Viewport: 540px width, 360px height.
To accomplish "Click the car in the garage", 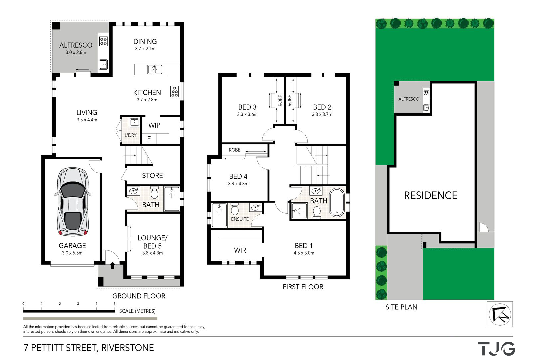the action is [x=73, y=202].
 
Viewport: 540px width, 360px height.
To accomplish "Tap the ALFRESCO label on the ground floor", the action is [x=76, y=45].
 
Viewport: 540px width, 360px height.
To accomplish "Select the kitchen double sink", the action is [x=155, y=69].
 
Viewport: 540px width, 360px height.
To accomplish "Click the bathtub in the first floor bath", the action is [x=337, y=202].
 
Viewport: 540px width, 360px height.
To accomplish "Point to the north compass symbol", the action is [x=500, y=314].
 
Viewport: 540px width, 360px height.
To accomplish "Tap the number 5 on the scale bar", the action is [x=115, y=304].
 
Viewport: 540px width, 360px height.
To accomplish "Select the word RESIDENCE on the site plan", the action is [x=431, y=195].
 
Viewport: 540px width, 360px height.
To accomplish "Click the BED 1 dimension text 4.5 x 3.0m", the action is [x=304, y=253].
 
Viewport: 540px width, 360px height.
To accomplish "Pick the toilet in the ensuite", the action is [x=235, y=209].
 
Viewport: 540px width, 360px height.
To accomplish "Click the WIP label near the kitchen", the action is [x=154, y=125].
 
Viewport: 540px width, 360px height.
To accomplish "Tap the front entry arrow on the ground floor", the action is [x=112, y=265].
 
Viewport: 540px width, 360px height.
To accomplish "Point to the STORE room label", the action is [x=152, y=176].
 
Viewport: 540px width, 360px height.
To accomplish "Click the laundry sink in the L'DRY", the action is [x=134, y=122].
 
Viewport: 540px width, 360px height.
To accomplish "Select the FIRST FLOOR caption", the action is [x=303, y=287].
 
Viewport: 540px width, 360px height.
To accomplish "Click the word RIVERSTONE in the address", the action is [x=128, y=348].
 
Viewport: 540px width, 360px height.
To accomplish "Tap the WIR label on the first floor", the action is [x=240, y=250].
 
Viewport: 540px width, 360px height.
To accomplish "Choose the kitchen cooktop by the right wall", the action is [x=175, y=92].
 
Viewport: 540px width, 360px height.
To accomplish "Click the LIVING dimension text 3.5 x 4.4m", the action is [x=87, y=120].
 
